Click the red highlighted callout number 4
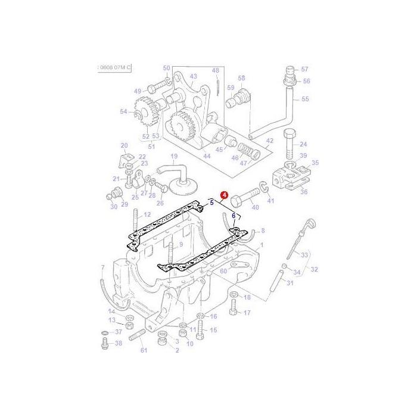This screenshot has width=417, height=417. coord(224,195)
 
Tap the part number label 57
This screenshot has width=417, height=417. coord(305,69)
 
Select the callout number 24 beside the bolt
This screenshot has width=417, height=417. coord(303,144)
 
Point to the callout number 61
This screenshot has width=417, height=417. coord(144,350)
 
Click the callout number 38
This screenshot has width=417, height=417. coord(118,343)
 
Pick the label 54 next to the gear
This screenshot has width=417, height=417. coord(123,111)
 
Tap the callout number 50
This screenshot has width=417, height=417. coord(166,69)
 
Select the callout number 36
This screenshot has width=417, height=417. coord(303,192)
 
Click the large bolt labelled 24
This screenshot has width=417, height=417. coord(290,143)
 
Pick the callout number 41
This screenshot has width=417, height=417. coord(270,201)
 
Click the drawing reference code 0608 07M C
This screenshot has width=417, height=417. coord(113,69)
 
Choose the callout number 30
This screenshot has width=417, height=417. coord(113,207)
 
